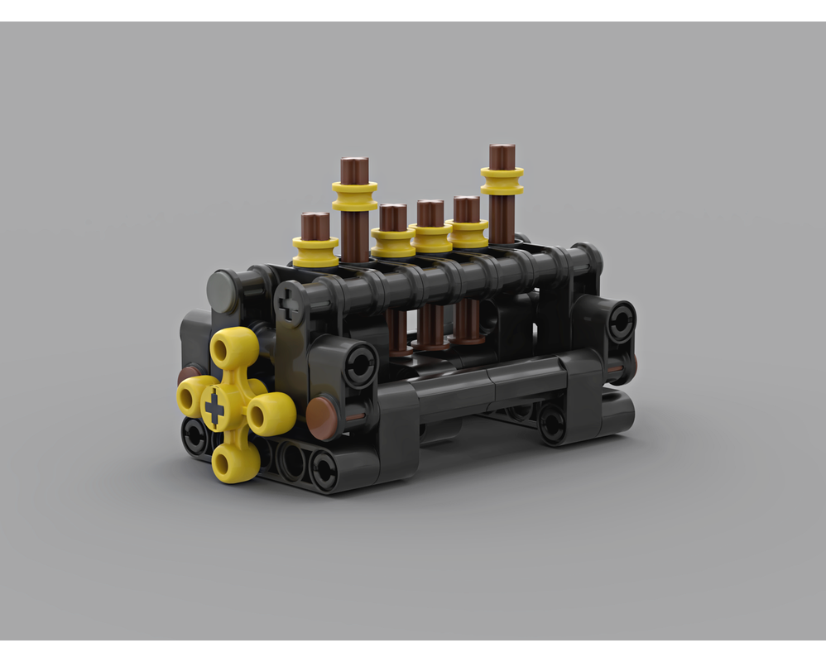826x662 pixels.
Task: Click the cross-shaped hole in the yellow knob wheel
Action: point(214,408)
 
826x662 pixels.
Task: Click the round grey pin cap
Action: point(224,291)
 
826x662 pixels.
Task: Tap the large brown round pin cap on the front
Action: point(324,419)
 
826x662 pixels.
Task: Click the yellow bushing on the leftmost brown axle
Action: point(315,251)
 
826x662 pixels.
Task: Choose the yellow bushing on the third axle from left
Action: point(393,241)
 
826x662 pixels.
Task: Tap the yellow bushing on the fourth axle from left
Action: point(431,237)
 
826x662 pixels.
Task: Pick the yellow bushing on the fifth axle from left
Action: point(468,231)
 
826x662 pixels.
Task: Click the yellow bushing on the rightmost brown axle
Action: point(502,180)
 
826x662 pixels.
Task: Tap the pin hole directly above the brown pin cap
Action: point(360,366)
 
